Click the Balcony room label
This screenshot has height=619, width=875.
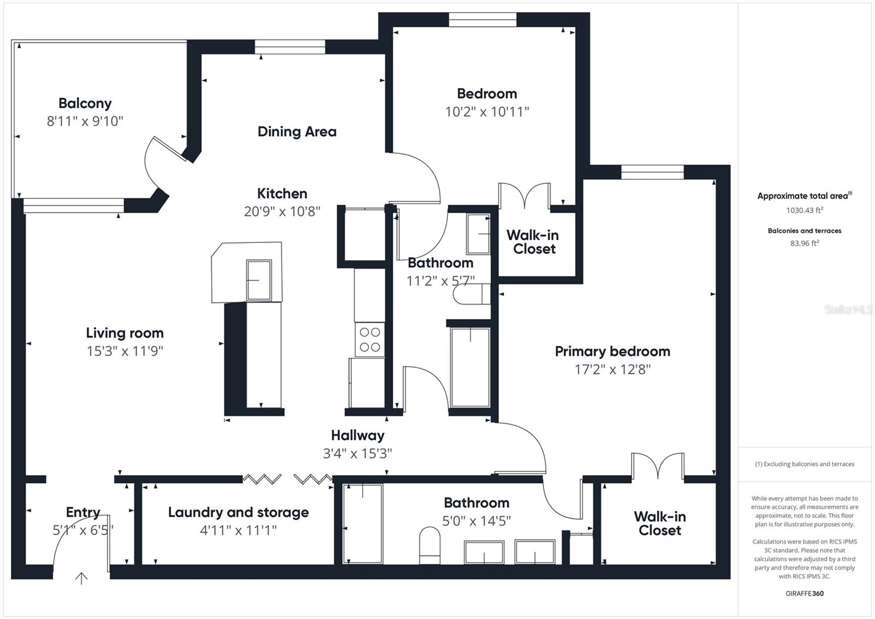[85, 103]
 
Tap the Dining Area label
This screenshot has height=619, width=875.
[297, 131]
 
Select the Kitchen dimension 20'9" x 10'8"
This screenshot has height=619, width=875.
[282, 211]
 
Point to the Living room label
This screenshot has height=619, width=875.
[125, 333]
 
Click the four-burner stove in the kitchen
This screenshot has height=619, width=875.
[370, 339]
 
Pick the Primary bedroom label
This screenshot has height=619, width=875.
[612, 351]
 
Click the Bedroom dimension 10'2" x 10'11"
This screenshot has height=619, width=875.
[487, 112]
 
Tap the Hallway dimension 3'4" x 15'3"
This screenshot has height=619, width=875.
[358, 454]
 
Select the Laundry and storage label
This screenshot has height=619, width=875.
[238, 512]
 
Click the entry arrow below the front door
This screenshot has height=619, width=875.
[81, 578]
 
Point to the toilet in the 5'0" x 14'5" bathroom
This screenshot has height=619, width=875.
[429, 546]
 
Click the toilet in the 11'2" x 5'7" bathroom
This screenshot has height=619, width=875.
[471, 294]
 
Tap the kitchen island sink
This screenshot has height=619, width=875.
[259, 280]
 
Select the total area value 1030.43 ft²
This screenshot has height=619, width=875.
[804, 210]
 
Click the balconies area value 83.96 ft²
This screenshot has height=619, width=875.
[804, 243]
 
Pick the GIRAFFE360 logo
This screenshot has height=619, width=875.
[804, 593]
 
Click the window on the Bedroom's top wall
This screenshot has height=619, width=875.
[482, 20]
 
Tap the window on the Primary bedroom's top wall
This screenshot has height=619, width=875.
[652, 172]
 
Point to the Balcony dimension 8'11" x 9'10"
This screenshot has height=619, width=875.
[85, 121]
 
